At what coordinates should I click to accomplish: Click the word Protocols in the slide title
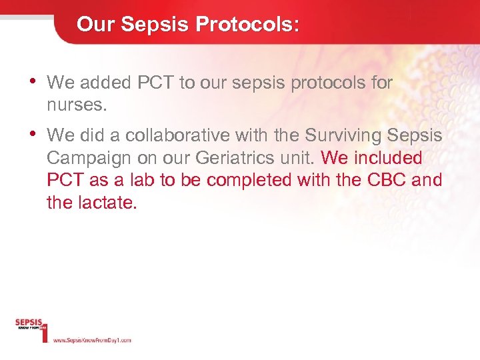coord(247,25)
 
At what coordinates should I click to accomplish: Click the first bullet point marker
coord(33,81)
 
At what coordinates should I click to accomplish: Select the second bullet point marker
coord(33,135)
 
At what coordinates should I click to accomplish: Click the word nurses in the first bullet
coord(75,105)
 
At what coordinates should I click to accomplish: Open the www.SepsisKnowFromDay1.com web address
coord(91,340)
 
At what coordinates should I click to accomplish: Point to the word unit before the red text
coord(299,158)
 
